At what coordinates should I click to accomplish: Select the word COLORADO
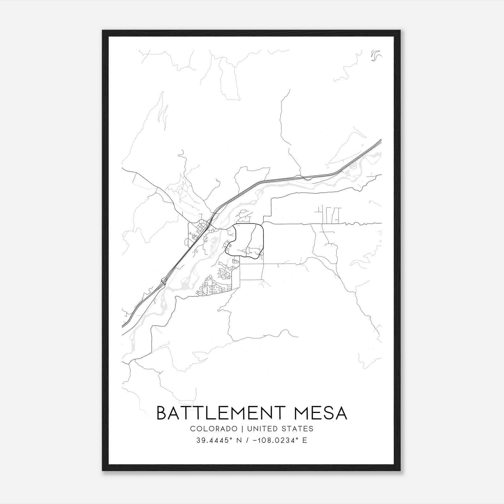tap(213, 429)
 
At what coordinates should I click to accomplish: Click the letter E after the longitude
tap(305, 440)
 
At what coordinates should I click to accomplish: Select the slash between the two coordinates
tap(249, 440)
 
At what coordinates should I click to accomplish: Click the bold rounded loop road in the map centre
tap(263, 239)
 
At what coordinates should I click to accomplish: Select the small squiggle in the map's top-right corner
tap(375, 55)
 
